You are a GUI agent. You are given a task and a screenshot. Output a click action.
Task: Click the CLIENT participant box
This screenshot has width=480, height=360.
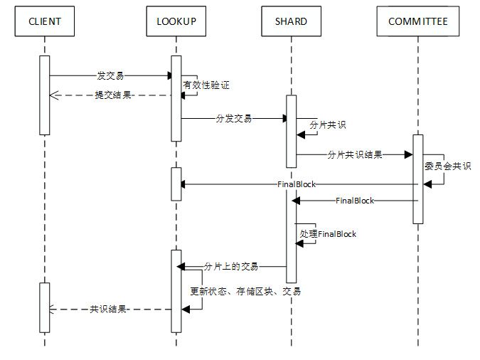point(45,21)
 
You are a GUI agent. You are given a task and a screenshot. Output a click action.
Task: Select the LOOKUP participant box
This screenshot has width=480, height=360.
point(176,21)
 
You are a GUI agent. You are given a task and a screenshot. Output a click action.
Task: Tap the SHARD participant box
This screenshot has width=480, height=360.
point(291,21)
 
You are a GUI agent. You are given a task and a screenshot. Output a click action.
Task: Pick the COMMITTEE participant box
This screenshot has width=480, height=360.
point(418,21)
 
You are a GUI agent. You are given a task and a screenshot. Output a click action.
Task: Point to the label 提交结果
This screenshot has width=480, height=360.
point(113,95)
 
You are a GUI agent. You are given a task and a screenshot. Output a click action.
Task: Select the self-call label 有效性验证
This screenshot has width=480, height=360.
point(206,85)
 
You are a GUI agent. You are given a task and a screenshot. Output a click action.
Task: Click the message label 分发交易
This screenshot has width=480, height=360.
point(234,118)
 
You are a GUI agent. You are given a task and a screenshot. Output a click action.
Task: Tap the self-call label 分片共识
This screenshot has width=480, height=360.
point(328,125)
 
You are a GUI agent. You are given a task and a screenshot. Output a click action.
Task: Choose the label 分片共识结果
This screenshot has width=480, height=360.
point(355,154)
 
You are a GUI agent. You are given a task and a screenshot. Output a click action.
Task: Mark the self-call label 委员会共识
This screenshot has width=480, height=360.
point(447,166)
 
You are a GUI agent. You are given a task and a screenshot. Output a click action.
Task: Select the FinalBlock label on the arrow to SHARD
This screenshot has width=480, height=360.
point(355,201)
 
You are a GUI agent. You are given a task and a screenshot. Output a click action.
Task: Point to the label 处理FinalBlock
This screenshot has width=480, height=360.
point(328,233)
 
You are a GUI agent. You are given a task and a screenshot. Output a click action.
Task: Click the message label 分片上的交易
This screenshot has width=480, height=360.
point(231,266)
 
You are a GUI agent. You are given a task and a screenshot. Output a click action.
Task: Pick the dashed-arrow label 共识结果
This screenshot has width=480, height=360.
point(108,309)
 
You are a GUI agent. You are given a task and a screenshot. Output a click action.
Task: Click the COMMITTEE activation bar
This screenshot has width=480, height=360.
point(418,179)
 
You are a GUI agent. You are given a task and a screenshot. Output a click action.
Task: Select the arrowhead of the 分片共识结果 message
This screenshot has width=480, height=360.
point(409,154)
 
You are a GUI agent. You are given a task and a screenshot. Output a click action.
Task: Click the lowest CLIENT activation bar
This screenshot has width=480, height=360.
point(45,307)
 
